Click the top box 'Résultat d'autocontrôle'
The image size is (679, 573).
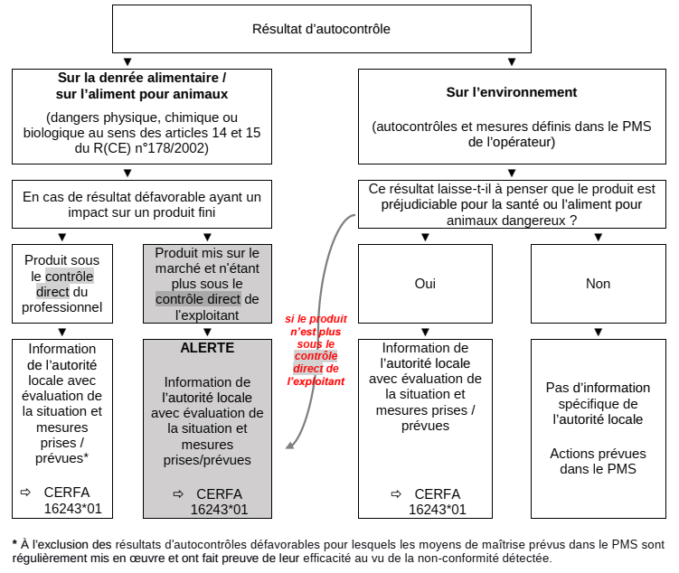pos(321,29)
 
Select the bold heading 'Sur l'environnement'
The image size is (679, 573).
pos(511,92)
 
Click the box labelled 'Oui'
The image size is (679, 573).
pos(425,284)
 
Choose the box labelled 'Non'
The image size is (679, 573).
pos(598,284)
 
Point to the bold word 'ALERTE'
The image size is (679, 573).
pos(207,348)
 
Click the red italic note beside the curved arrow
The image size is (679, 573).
pos(316,350)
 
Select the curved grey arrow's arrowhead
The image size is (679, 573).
pos(290,444)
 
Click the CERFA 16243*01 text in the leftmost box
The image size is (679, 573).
pos(69,502)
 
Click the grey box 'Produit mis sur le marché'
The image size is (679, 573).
pos(207,284)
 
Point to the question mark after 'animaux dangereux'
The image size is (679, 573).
pos(574,219)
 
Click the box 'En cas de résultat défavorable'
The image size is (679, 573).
pos(142,204)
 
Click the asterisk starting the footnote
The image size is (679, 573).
pos(14,544)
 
